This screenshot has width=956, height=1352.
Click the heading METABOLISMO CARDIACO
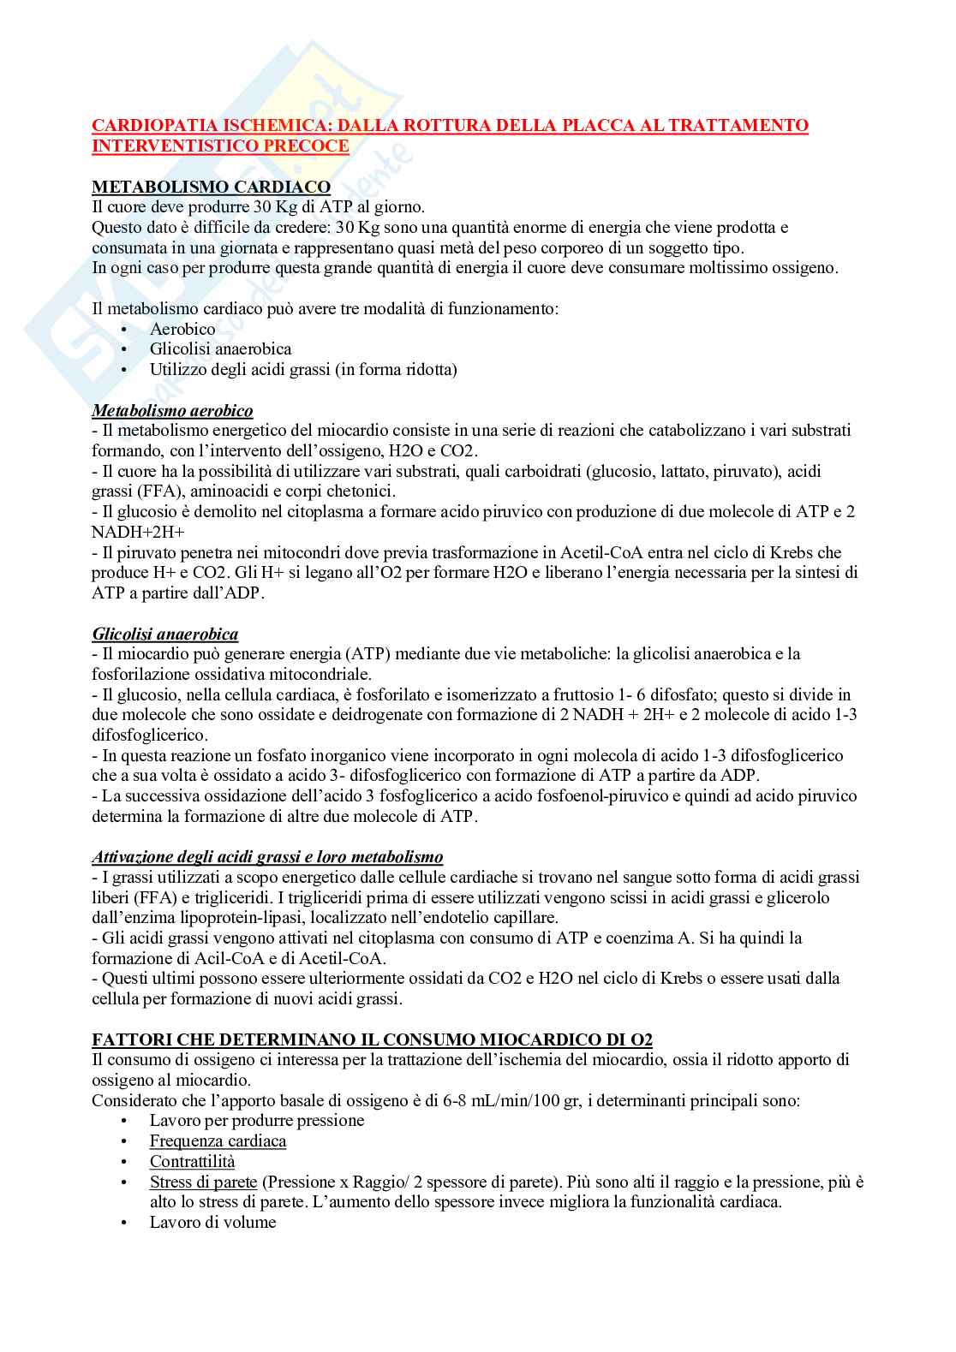[x=211, y=187]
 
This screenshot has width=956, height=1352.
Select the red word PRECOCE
[x=310, y=146]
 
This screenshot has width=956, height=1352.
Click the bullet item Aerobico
[x=182, y=329]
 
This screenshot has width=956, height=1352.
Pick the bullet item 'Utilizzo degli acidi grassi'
[x=303, y=370]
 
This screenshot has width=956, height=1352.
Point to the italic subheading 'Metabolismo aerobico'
[x=172, y=410]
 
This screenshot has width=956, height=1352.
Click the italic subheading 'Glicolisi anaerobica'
[x=165, y=634]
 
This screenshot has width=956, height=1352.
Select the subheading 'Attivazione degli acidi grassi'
[x=267, y=856]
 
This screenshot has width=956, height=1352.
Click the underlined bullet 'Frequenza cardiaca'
[x=218, y=1141]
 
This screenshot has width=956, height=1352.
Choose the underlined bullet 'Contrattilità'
[x=192, y=1162]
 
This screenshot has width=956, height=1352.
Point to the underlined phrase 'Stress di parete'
[x=203, y=1182]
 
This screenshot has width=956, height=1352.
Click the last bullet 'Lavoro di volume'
[x=212, y=1223]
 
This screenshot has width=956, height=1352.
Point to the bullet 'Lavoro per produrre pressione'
[x=257, y=1121]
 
